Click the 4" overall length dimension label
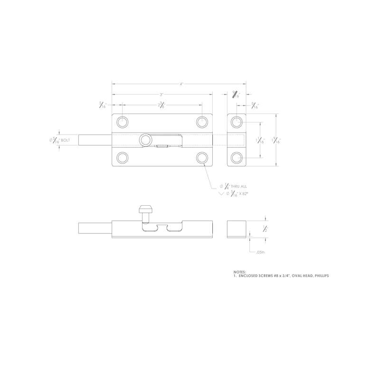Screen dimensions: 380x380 181,84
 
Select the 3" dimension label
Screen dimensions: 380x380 161,95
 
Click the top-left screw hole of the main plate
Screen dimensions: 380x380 123,122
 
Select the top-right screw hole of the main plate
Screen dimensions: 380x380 202,122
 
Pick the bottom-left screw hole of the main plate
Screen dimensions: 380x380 123,157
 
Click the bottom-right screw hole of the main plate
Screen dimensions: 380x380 202,157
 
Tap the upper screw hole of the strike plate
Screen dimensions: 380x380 237,122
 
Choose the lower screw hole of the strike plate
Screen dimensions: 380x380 237,157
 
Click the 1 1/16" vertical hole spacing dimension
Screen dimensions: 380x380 259,140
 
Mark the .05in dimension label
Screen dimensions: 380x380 259,252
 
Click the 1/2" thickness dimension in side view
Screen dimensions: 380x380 266,228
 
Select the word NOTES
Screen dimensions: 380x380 240,272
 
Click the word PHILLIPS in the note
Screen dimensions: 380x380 320,275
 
